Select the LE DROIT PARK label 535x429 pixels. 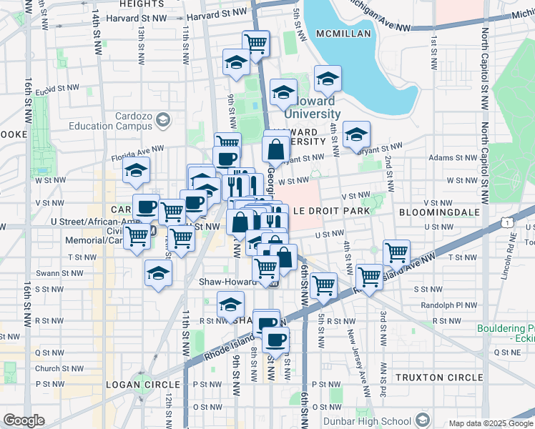331,211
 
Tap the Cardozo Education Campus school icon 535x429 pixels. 164,119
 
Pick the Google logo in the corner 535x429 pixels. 24,420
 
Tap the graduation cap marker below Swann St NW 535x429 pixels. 159,273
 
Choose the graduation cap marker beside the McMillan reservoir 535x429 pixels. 328,79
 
